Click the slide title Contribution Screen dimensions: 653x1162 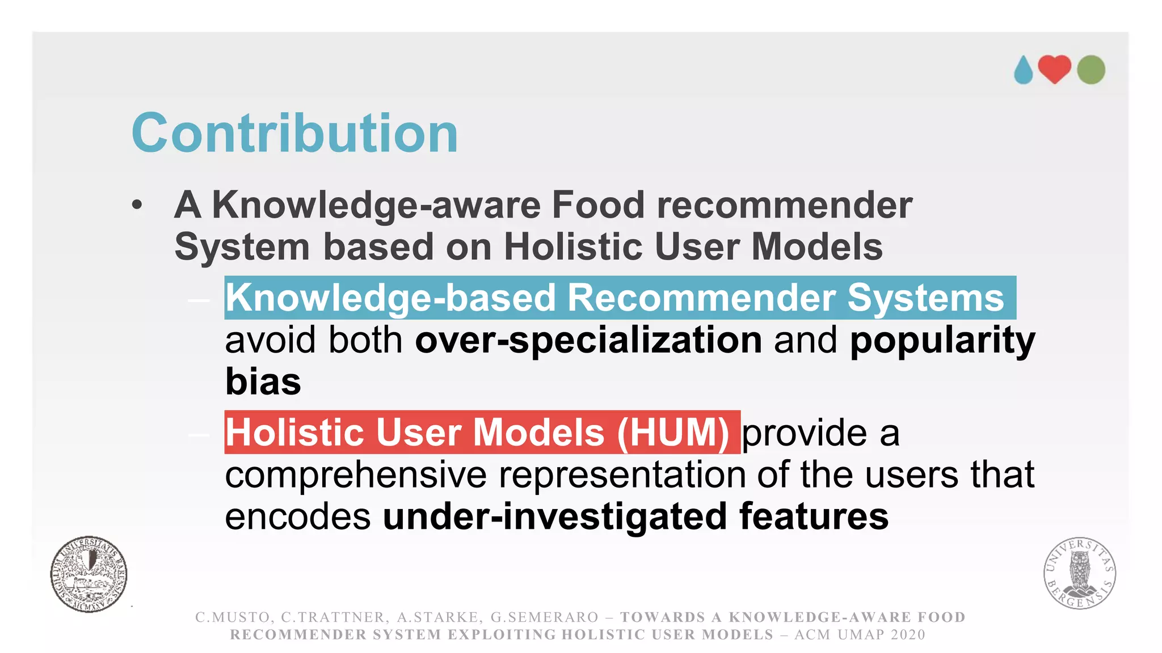click(294, 133)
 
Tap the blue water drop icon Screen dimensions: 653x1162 click(1024, 71)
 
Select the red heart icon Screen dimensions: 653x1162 click(1054, 69)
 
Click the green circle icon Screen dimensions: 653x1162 click(1091, 70)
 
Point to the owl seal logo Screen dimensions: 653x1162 click(1080, 573)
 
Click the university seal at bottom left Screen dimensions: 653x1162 click(89, 574)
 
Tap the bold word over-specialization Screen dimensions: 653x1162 click(588, 340)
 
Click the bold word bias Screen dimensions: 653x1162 click(263, 381)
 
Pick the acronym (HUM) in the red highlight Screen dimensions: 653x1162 click(673, 432)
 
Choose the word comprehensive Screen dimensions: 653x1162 click(356, 475)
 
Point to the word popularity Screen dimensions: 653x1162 click(942, 340)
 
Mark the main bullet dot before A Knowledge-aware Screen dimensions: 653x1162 click(137, 205)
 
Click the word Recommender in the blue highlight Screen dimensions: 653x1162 click(701, 298)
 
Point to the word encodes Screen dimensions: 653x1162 click(298, 516)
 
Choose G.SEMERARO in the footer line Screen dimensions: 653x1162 click(544, 617)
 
